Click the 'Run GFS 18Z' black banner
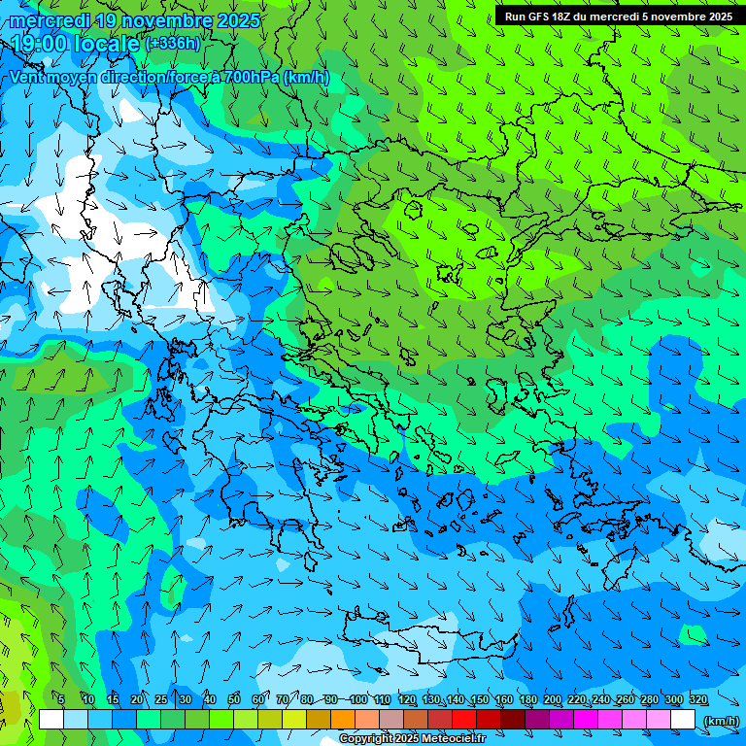tap(619, 17)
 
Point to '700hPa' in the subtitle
tap(252, 77)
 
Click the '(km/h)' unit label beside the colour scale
tap(720, 720)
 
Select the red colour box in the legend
tap(464, 720)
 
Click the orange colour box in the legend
tap(343, 720)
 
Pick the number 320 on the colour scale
tap(698, 700)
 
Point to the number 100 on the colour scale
tap(357, 700)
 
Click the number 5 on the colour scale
tap(61, 700)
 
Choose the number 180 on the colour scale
tap(527, 700)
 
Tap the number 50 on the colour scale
tap(234, 700)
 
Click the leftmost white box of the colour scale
tap(51, 720)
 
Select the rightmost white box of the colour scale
tap(683, 720)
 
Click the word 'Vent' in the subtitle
tap(27, 77)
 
